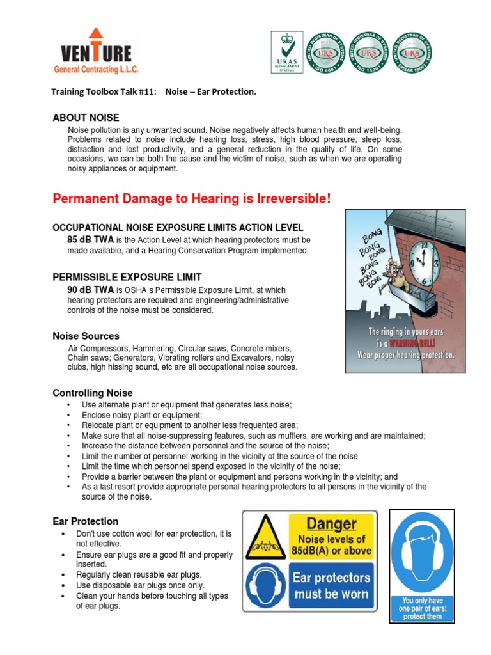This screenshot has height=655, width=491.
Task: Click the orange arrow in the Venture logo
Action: pyautogui.click(x=95, y=37)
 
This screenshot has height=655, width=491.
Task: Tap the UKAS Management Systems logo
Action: pyautogui.click(x=287, y=52)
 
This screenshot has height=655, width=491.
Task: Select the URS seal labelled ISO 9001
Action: pyautogui.click(x=327, y=52)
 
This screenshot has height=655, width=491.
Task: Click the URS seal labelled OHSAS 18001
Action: pyautogui.click(x=412, y=52)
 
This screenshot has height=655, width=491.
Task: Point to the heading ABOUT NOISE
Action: pyautogui.click(x=86, y=118)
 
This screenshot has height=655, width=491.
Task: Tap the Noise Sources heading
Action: pyautogui.click(x=86, y=336)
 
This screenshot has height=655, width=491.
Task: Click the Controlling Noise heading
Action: pyautogui.click(x=93, y=393)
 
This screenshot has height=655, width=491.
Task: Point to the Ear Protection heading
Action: pyautogui.click(x=85, y=521)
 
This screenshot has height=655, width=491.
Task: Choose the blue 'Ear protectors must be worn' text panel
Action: pyautogui.click(x=331, y=586)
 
